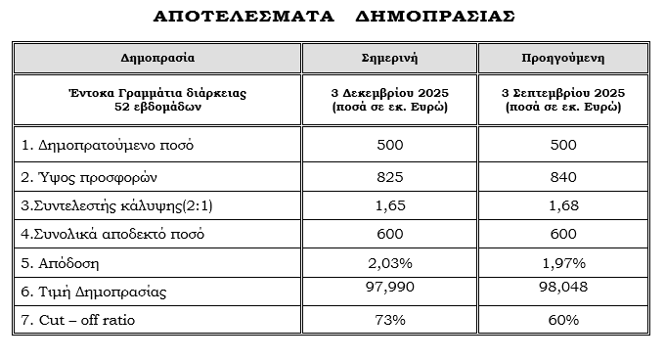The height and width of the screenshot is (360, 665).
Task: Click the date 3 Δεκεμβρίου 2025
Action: pos(389,93)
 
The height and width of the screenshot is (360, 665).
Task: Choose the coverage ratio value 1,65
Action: pos(389,205)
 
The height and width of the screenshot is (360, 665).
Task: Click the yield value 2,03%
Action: pos(389,263)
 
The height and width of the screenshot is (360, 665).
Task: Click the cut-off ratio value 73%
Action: pos(389,319)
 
